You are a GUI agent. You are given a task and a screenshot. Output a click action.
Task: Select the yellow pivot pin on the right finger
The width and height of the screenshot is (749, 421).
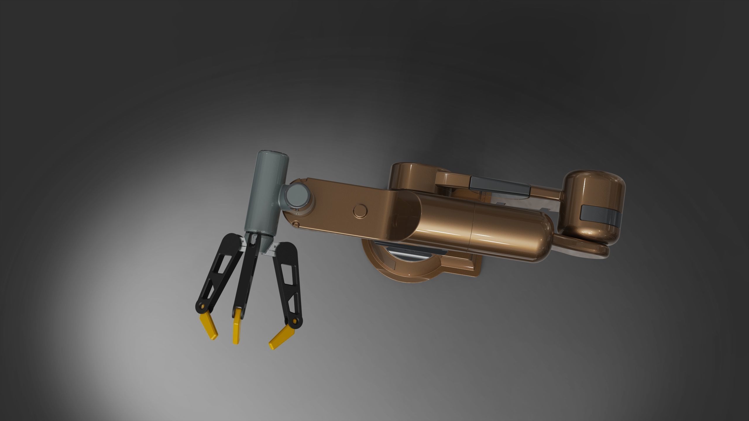295,322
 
